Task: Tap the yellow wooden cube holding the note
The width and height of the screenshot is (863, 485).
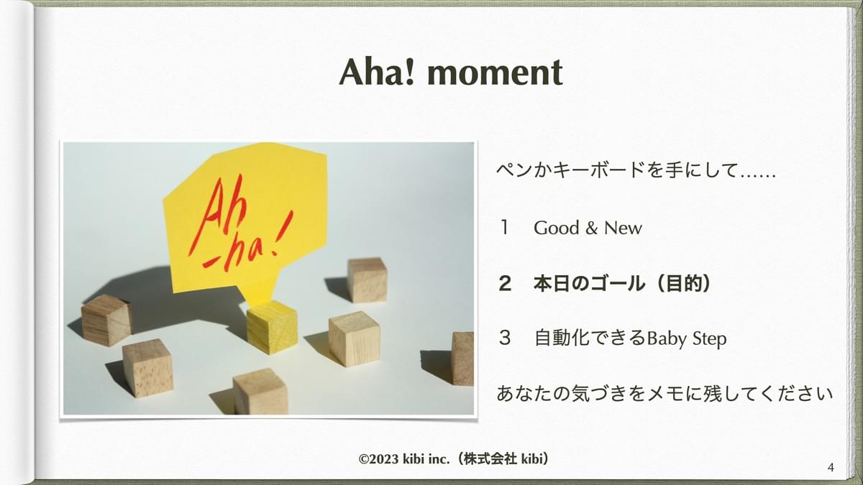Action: [x=272, y=327]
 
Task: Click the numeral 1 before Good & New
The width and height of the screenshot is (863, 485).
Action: [x=504, y=228]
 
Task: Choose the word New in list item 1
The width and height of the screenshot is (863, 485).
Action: [x=623, y=228]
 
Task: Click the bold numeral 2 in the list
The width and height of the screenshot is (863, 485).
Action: [x=505, y=284]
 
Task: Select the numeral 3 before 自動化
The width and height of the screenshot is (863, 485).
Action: [x=505, y=338]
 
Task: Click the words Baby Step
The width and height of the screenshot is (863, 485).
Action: [x=687, y=339]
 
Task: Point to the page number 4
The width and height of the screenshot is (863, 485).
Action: [x=831, y=467]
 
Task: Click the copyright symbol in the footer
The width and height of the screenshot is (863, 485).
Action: [x=364, y=459]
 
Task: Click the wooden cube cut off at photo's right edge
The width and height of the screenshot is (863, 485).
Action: [x=462, y=359]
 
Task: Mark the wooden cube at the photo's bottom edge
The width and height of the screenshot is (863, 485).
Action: [x=260, y=392]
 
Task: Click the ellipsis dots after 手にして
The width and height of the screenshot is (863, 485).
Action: [x=758, y=176]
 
